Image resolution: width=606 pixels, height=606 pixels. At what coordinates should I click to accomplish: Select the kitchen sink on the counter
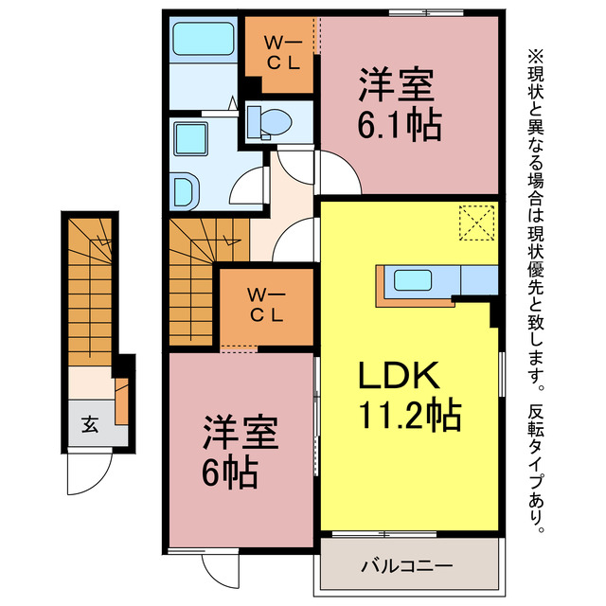413,279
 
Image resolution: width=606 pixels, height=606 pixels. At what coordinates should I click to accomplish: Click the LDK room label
397,376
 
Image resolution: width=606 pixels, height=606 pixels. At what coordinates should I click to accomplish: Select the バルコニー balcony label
406,566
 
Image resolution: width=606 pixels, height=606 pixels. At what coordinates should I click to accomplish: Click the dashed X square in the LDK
476,223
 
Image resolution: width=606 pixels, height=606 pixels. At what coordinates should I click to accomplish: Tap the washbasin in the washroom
186,189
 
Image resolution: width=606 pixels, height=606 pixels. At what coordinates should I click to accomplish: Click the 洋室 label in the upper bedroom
396,85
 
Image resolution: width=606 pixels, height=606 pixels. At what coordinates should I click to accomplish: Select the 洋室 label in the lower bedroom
239,435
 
